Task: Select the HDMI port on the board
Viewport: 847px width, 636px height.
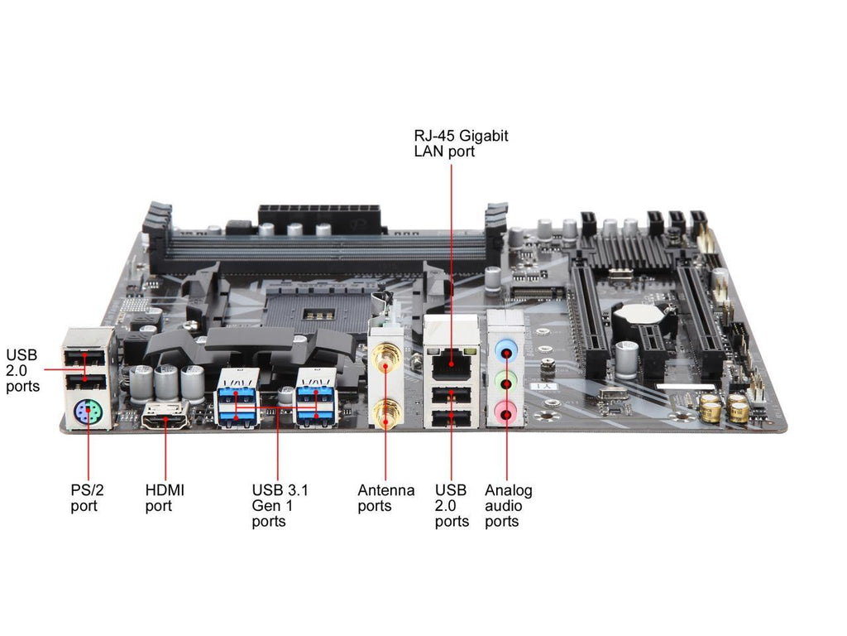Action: point(165,416)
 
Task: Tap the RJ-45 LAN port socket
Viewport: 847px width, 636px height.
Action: point(451,364)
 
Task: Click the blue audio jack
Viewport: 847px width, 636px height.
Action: point(505,351)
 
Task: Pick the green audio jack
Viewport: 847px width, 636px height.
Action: point(505,382)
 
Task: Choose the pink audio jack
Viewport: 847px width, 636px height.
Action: point(505,412)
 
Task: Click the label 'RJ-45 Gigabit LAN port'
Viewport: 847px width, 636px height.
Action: point(461,143)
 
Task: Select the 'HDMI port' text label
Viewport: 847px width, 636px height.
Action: point(165,498)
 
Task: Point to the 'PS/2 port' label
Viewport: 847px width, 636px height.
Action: point(87,498)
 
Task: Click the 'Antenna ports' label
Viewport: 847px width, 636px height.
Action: point(385,498)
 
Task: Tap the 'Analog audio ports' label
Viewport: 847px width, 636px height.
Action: point(509,506)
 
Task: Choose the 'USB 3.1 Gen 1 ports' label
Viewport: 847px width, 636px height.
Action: point(280,506)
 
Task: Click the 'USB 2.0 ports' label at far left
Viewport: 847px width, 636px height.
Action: point(22,370)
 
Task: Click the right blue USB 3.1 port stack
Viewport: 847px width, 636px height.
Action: point(315,397)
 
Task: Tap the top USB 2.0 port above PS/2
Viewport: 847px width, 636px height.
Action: point(85,358)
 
